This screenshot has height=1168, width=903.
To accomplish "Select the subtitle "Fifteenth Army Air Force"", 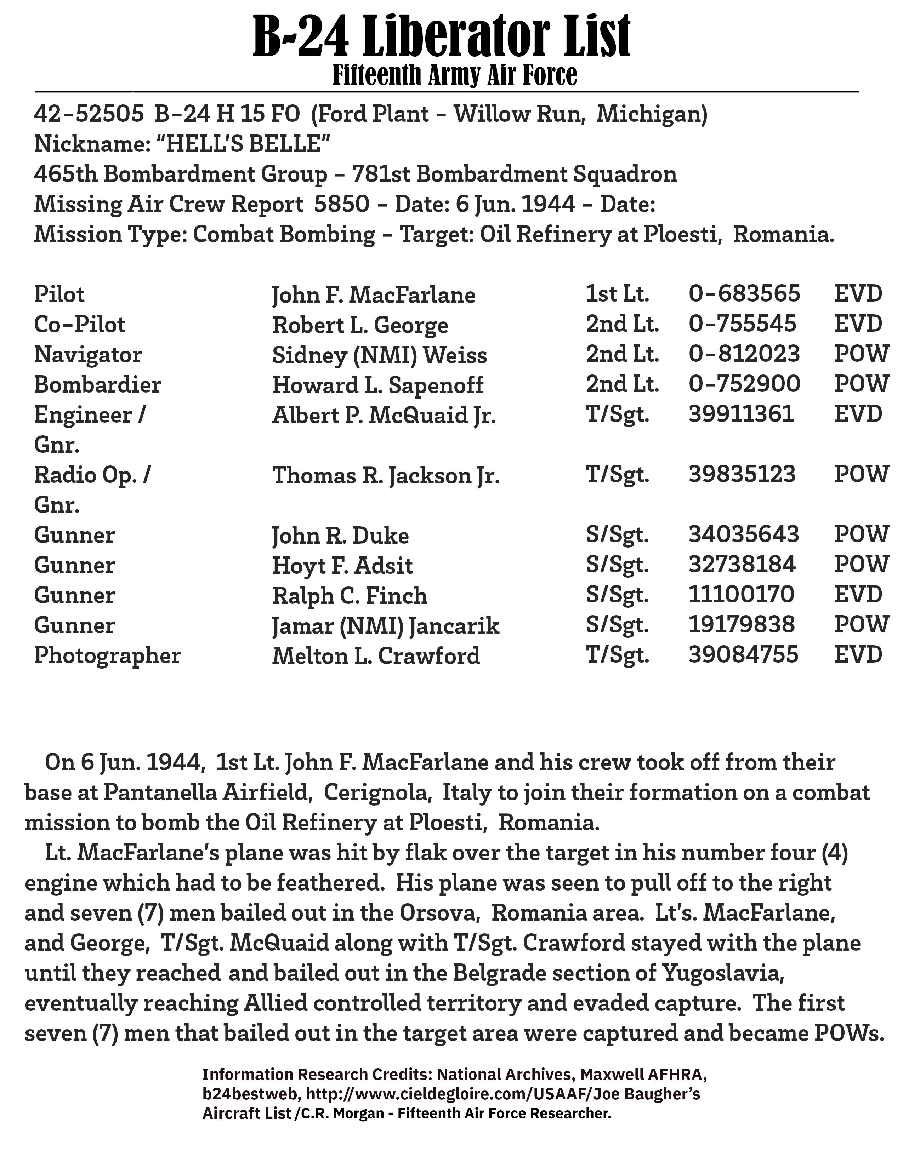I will coord(455,75).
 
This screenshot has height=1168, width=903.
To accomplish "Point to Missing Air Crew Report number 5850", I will coord(341,204).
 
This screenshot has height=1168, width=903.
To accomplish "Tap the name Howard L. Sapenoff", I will coord(378,385).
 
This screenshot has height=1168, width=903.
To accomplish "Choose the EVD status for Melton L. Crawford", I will coord(858,655).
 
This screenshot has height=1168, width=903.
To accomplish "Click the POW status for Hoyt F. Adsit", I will coord(861,565).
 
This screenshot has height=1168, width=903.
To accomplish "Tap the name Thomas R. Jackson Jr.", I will coord(386,475).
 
